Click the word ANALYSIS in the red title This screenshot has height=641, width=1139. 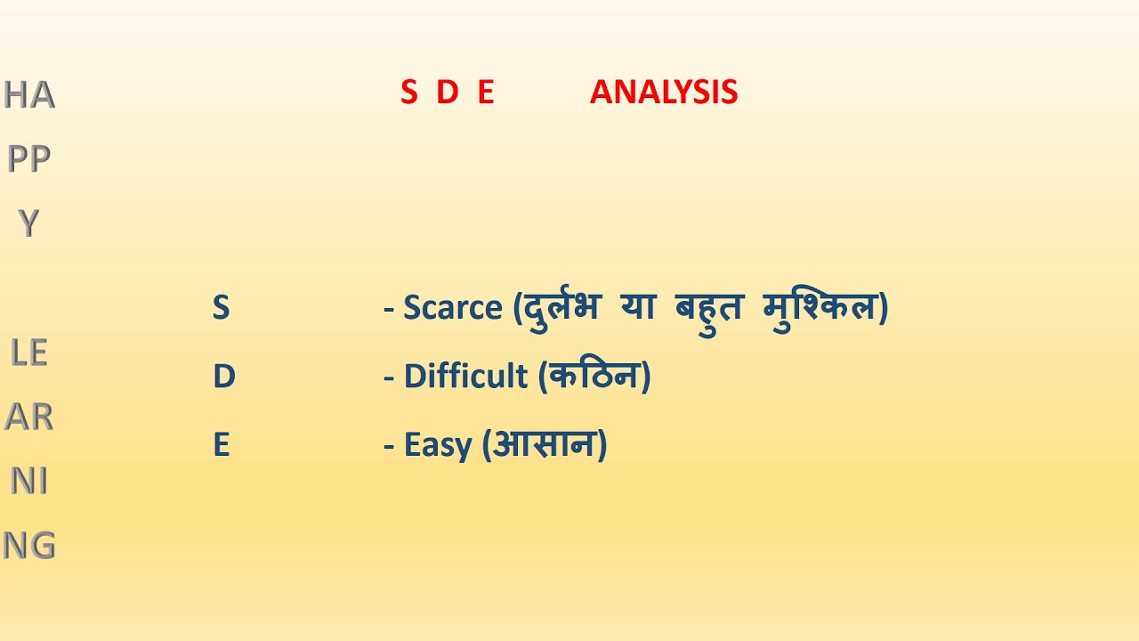click(x=664, y=93)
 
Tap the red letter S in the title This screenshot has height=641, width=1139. click(x=408, y=93)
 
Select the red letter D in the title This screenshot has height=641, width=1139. click(x=447, y=93)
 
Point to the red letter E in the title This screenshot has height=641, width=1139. click(x=485, y=93)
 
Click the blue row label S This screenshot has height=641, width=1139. click(x=221, y=308)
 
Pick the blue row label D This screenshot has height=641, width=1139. click(x=223, y=377)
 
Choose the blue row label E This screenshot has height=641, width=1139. click(x=222, y=444)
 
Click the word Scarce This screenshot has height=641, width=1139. click(x=453, y=308)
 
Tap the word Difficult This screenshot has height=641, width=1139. click(x=465, y=377)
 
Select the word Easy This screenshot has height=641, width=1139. click(x=438, y=444)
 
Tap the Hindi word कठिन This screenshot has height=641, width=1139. click(x=595, y=376)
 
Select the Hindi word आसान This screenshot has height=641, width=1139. click(x=545, y=443)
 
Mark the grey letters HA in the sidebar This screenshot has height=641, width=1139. click(x=29, y=94)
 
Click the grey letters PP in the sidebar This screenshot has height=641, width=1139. click(x=29, y=158)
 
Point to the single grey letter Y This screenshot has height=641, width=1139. click(x=28, y=224)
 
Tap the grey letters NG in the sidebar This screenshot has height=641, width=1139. click(x=29, y=545)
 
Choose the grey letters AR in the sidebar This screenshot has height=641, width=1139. click(x=29, y=417)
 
